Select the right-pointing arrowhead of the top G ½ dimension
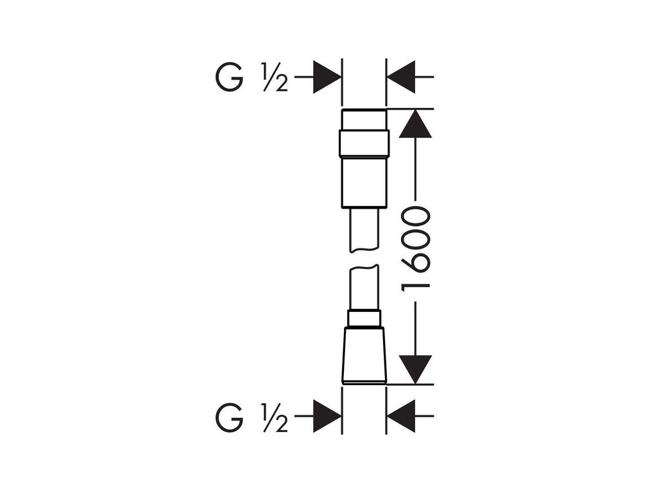(x=327, y=76)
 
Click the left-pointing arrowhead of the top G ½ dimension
(x=401, y=76)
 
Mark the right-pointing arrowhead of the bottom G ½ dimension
(x=327, y=417)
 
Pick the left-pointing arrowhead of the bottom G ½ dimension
(x=401, y=417)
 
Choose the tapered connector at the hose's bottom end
(x=364, y=356)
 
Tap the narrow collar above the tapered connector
(x=364, y=318)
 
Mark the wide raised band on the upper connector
(x=364, y=144)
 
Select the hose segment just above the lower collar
(x=364, y=289)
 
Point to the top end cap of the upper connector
(x=364, y=119)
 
